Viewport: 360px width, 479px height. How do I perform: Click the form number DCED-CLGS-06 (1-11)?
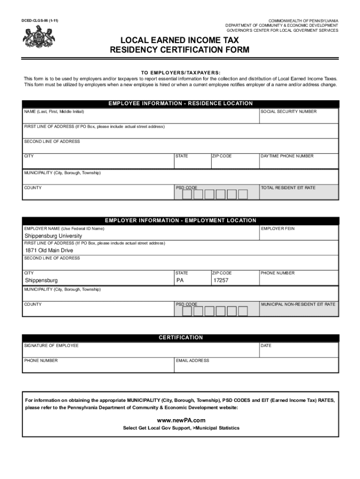(x=39, y=21)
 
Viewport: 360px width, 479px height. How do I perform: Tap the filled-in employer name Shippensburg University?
(x=53, y=236)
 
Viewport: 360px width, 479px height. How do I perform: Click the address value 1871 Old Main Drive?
(x=49, y=251)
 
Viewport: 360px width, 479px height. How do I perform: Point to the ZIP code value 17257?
(x=221, y=280)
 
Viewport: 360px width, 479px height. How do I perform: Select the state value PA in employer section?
(x=180, y=280)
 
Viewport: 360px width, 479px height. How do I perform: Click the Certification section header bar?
(x=180, y=337)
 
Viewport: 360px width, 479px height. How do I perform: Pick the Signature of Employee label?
(x=51, y=346)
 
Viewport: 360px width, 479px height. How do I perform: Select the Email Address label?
(x=193, y=361)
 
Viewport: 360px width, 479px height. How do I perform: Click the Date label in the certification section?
(x=266, y=346)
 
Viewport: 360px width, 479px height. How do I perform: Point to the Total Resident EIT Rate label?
(x=288, y=188)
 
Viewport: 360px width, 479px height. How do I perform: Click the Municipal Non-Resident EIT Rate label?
(x=298, y=304)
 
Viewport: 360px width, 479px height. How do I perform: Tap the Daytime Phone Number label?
(x=287, y=156)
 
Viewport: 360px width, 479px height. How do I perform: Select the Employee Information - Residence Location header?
(x=180, y=103)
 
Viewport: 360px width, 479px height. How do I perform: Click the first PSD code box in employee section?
(x=187, y=195)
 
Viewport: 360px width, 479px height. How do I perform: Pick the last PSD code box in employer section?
(x=243, y=311)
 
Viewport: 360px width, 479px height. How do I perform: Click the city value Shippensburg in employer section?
(x=41, y=280)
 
